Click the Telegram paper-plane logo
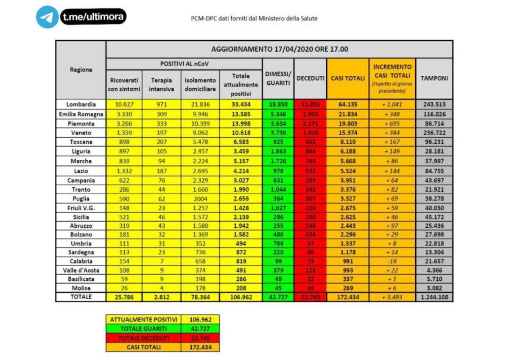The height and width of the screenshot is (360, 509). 47,17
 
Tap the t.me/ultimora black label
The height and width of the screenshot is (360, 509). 93,17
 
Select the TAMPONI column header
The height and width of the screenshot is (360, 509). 434,78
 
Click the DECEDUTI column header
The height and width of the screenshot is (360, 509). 310,78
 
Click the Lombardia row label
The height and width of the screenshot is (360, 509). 81,104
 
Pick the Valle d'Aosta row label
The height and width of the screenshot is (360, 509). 81,270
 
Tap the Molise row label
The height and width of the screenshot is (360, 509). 81,288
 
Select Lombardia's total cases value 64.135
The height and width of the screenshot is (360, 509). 348,105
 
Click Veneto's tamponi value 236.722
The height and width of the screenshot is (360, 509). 434,133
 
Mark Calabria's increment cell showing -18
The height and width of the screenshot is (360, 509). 392,261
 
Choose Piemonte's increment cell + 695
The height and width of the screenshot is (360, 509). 392,123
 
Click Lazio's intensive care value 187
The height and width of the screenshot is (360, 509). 162,170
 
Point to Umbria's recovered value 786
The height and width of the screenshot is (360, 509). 278,243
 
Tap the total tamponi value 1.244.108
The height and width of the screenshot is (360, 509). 434,297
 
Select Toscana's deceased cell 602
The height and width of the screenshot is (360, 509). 310,142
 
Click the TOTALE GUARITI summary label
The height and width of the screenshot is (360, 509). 143,329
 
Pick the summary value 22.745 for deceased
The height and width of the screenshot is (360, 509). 200,338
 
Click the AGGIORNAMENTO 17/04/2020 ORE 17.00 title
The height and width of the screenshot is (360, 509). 279,49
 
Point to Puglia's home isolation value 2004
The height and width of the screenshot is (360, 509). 200,198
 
